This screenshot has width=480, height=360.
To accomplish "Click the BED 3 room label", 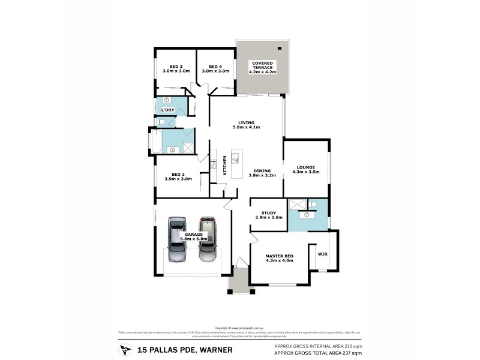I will tap(176, 66).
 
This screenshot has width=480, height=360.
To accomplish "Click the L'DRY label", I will tap(167, 110).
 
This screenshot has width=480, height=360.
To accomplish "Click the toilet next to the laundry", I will tap(161, 122).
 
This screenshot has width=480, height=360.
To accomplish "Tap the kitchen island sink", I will tap(236, 159).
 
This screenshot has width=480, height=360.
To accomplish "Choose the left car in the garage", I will tap(177, 241).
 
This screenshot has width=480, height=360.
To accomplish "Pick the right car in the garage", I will tap(208, 239).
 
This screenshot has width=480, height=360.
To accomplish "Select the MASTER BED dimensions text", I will tap(280, 260).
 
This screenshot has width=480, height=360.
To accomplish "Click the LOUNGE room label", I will tap(306, 167).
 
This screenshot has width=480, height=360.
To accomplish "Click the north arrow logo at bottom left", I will tap(124, 349).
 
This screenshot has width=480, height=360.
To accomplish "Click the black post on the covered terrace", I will tap(279, 48).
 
